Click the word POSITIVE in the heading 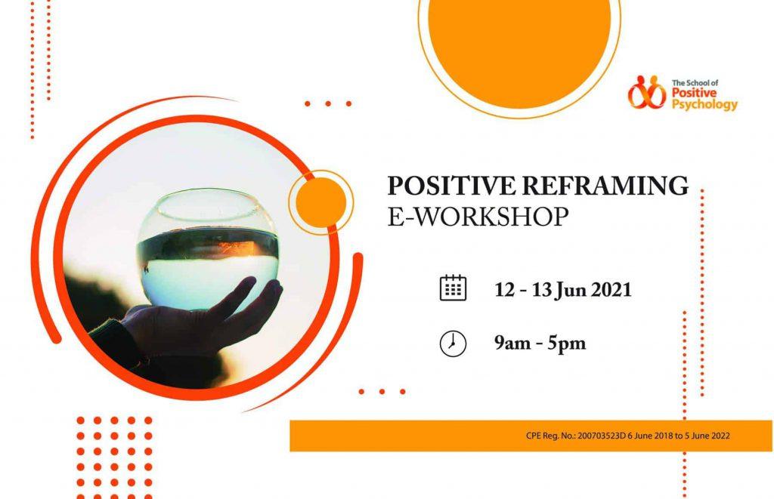click(452, 186)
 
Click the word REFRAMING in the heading click(605, 186)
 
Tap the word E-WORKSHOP click(478, 217)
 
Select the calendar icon click(453, 288)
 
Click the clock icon click(453, 343)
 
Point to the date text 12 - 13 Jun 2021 click(562, 289)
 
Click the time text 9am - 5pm click(540, 343)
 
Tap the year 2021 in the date click(611, 289)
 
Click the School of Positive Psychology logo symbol click(647, 92)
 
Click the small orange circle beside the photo click(320, 202)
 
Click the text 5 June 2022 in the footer click(707, 436)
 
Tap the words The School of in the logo click(695, 83)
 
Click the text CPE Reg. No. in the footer click(550, 436)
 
